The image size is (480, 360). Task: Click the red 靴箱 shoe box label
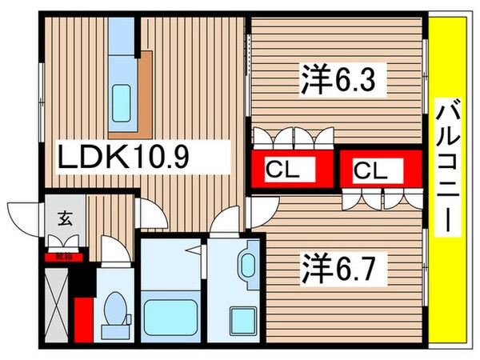pos(63,258)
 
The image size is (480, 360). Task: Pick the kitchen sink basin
pos(122,100)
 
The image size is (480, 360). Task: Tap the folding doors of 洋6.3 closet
pos(292,138)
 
